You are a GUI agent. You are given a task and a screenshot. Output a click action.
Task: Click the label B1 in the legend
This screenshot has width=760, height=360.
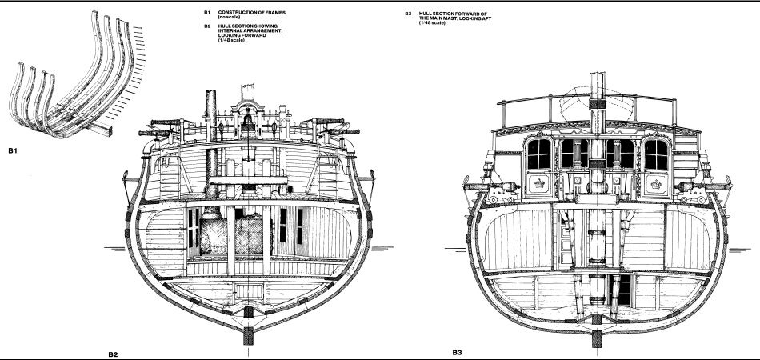[x=207, y=13]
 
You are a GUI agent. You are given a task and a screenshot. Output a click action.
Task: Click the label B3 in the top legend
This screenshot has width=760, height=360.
[x=408, y=13]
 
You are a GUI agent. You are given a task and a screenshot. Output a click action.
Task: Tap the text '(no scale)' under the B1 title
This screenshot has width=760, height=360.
[x=230, y=18]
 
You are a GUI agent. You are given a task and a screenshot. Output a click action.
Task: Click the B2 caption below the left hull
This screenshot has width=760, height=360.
[x=113, y=353]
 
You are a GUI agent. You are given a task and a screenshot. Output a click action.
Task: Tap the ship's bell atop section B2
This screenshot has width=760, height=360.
[x=249, y=121]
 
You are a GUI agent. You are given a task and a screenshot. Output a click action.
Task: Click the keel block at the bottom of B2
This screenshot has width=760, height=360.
[x=248, y=316]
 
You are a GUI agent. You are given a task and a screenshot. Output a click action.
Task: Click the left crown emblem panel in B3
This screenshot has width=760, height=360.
[x=535, y=185]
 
